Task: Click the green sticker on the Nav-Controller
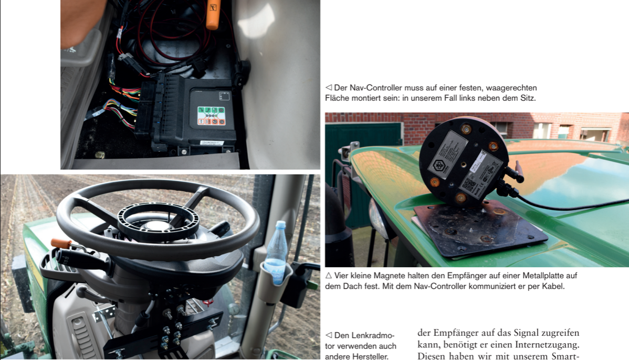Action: pyautogui.click(x=211, y=116)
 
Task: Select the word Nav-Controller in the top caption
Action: pyautogui.click(x=368, y=88)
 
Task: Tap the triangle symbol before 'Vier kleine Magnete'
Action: pyautogui.click(x=329, y=276)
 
